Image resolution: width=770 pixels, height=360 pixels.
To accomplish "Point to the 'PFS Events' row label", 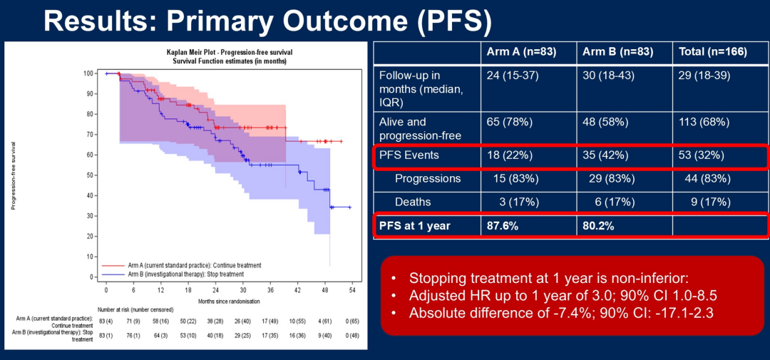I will [x=409, y=155].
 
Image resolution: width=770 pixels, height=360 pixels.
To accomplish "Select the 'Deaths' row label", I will [x=413, y=202].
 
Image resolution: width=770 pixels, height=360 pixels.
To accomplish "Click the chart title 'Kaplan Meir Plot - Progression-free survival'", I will [x=229, y=53].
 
